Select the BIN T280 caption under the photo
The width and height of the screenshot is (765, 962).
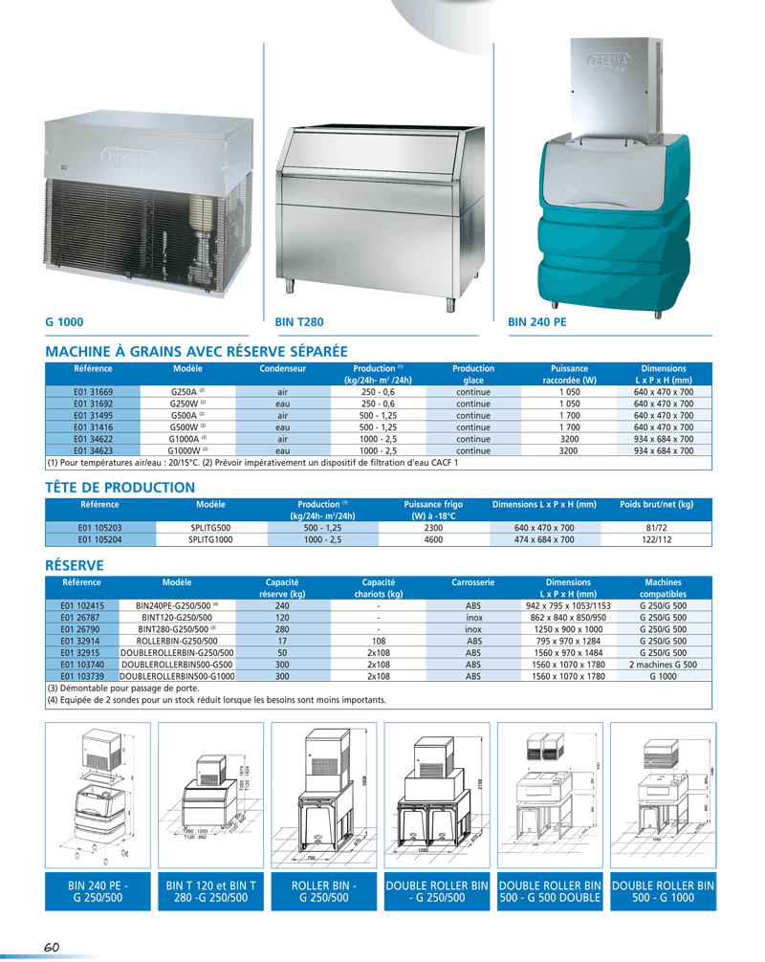[299, 323]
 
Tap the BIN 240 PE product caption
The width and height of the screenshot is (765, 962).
[537, 323]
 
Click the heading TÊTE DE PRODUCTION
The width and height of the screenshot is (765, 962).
[120, 487]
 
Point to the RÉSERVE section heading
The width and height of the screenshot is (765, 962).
[75, 565]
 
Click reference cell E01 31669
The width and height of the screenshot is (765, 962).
[93, 392]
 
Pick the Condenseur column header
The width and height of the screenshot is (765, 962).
[282, 368]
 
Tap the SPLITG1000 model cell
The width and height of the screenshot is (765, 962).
[210, 539]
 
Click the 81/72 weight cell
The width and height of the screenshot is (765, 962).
[656, 527]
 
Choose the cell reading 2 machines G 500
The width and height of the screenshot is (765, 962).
[663, 664]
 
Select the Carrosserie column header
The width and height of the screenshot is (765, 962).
[472, 581]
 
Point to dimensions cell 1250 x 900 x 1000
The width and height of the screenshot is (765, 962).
[568, 629]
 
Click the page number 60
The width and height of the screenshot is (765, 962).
[51, 947]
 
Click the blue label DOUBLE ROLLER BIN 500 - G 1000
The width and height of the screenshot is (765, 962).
[663, 892]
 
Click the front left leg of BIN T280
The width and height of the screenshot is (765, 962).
[289, 286]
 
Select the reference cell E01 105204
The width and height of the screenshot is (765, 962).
[99, 539]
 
